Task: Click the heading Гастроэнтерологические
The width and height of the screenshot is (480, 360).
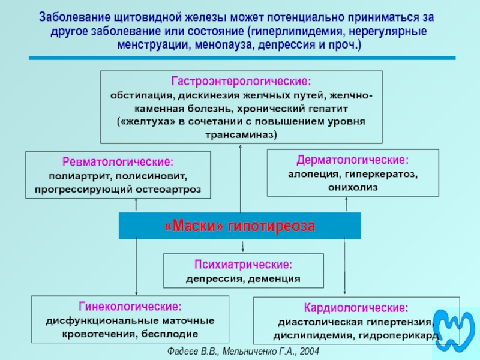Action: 241,81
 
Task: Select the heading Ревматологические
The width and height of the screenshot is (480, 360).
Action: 118,162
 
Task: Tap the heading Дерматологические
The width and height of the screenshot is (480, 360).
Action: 353,161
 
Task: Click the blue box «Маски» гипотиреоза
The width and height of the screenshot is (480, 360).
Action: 239,226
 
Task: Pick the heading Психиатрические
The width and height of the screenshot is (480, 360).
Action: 244,264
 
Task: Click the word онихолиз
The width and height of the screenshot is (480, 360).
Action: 353,187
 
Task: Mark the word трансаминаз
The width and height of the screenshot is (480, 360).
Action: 241,134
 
